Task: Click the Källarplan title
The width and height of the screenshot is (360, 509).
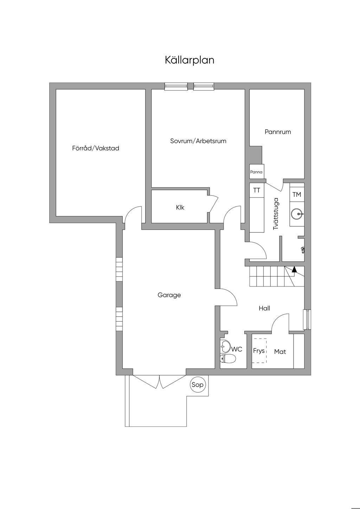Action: click(x=189, y=60)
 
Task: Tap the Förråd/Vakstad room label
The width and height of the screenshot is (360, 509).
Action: click(x=96, y=148)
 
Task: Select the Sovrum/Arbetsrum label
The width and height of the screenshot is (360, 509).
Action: click(x=198, y=141)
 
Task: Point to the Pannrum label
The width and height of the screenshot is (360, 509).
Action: click(x=278, y=132)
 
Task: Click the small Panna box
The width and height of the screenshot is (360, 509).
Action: click(x=257, y=172)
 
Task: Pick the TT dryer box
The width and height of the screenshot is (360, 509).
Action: click(x=257, y=190)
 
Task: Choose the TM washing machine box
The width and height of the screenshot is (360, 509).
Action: click(x=297, y=194)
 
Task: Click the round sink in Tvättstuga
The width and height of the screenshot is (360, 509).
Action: click(x=297, y=214)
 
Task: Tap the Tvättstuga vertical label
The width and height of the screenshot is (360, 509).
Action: click(x=276, y=214)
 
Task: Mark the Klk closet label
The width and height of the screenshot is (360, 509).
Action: click(x=180, y=207)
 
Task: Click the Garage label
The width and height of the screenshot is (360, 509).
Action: click(x=169, y=295)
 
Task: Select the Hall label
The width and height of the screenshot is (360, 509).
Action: click(x=264, y=308)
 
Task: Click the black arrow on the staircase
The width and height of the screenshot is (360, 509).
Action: click(x=294, y=269)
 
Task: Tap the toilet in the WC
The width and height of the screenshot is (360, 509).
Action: click(x=228, y=359)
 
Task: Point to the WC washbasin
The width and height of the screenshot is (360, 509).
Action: click(x=225, y=347)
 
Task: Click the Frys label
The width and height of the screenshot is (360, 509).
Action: click(x=259, y=350)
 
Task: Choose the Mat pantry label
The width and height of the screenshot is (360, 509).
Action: click(x=280, y=352)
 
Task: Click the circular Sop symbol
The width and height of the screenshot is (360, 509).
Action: click(x=197, y=385)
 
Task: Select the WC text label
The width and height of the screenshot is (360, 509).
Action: click(x=237, y=349)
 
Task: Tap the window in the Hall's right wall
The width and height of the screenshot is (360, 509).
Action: click(x=308, y=320)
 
